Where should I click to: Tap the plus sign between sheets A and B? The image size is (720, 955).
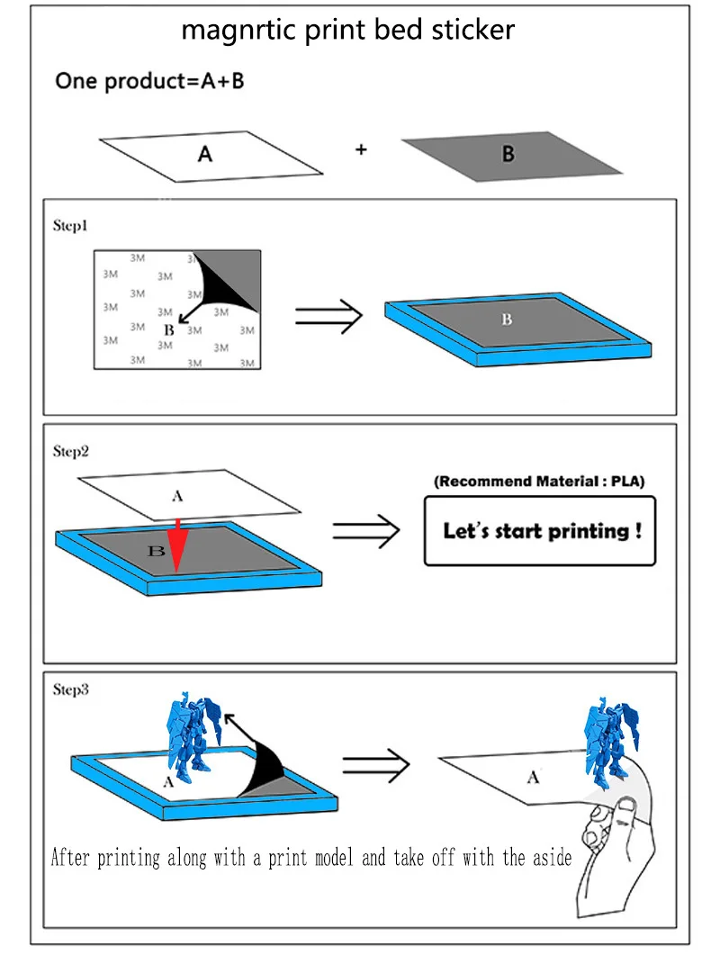[361, 149]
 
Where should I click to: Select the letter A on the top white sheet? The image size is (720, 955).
[205, 154]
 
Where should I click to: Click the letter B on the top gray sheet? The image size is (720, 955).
[508, 154]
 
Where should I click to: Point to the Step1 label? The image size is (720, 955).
[70, 226]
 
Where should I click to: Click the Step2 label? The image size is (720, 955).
[71, 451]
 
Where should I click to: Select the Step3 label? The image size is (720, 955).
[71, 689]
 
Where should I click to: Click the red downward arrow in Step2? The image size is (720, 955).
[176, 545]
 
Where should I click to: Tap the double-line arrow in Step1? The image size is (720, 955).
[328, 316]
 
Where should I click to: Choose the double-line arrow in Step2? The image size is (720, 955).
[366, 531]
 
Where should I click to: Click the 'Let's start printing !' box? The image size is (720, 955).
[540, 531]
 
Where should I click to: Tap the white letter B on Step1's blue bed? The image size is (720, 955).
[507, 320]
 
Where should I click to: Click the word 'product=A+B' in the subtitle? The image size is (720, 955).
[175, 82]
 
